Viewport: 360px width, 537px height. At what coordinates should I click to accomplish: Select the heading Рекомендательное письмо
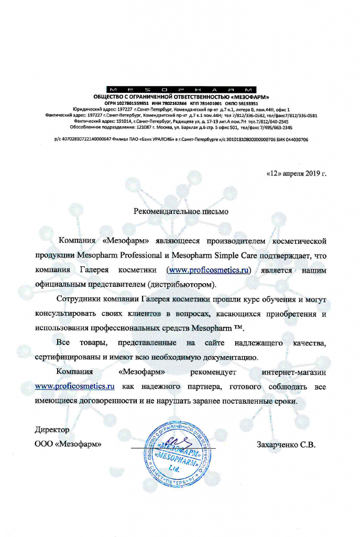tap(180, 212)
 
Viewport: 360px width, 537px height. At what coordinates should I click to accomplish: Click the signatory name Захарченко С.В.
tap(286, 445)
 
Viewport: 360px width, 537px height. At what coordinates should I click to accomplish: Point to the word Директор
tap(52, 429)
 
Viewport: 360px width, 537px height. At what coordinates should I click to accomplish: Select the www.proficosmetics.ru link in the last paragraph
tap(74, 386)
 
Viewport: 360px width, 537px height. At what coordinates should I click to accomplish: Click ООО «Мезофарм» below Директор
tap(68, 445)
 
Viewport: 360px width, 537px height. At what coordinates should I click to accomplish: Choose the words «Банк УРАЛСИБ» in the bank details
tap(158, 140)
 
